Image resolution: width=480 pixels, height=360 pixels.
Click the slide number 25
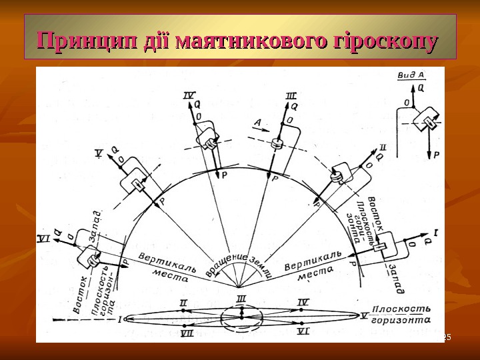[448, 339]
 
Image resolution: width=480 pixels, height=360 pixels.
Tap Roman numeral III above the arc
[291, 97]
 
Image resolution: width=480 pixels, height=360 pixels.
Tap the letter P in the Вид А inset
[437, 154]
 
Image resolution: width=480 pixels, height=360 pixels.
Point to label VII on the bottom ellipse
[187, 332]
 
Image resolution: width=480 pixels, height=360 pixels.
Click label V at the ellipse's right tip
[363, 315]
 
